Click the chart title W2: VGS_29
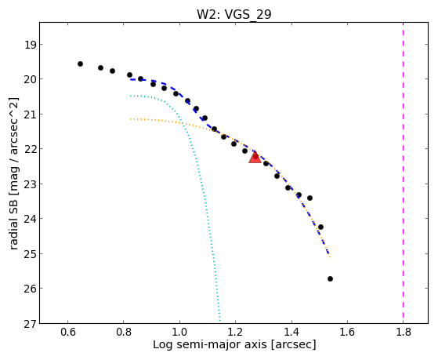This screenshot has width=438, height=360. [x=233, y=14]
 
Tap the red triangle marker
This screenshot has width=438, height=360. [x=255, y=157]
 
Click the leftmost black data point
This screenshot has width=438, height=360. [x=80, y=64]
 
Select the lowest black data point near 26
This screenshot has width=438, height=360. [x=330, y=279]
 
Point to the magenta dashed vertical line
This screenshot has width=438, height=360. [x=403, y=173]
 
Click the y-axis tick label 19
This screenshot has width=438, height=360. [x=31, y=45]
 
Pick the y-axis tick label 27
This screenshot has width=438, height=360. [x=31, y=324]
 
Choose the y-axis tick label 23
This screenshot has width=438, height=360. [x=31, y=184]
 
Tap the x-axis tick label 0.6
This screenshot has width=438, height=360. [x=68, y=332]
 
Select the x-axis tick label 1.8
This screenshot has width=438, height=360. [x=404, y=332]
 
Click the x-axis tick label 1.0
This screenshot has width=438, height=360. [x=179, y=332]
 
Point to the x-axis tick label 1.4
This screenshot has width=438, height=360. [x=291, y=332]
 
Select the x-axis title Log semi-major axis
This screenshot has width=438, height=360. [x=210, y=344]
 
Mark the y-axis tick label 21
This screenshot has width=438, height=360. [x=31, y=115]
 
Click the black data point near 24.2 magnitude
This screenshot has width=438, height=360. [x=320, y=227]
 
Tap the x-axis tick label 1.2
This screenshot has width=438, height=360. [x=236, y=332]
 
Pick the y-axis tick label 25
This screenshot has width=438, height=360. [x=31, y=253]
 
